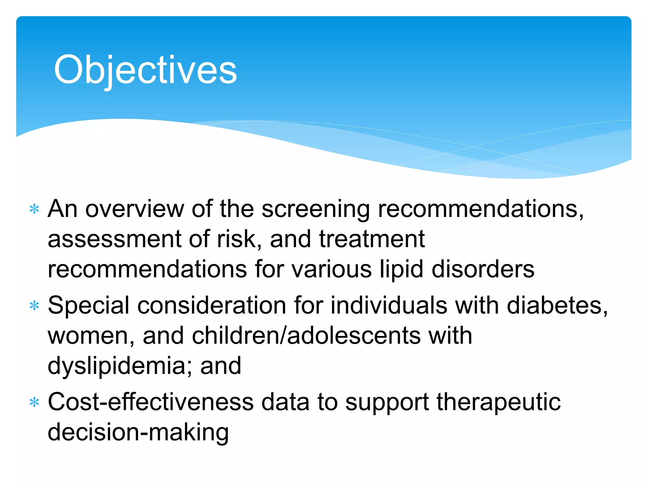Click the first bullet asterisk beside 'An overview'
[34, 210]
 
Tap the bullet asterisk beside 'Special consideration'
[34, 306]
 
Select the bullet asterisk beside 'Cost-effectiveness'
[34, 403]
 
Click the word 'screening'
[316, 210]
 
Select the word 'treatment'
[372, 239]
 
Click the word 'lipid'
[401, 270]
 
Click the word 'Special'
[88, 306]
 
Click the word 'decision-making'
[138, 433]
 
